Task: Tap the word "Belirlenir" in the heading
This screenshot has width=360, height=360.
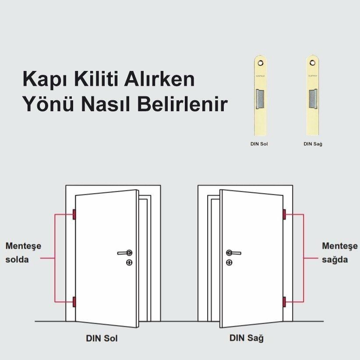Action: point(184,105)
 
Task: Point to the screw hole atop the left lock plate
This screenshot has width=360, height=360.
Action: point(261,63)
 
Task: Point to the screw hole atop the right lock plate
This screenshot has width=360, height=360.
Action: point(313,63)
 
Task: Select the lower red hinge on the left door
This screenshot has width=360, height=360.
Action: point(74,302)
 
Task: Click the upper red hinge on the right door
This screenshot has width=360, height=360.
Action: point(284,214)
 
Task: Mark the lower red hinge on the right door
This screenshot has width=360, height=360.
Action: point(284,302)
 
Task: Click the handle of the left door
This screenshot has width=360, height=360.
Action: point(125,253)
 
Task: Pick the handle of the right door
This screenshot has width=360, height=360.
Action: point(233,253)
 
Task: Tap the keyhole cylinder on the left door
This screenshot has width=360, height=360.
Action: point(129,262)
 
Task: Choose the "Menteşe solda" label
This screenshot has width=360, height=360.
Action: point(23,252)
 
